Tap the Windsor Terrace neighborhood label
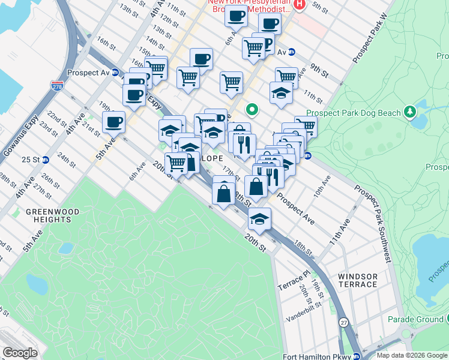click(x=358, y=280)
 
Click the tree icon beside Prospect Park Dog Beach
click(x=410, y=111)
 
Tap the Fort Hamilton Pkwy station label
click(x=316, y=356)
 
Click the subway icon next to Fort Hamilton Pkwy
click(x=356, y=356)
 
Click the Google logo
click(x=20, y=353)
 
